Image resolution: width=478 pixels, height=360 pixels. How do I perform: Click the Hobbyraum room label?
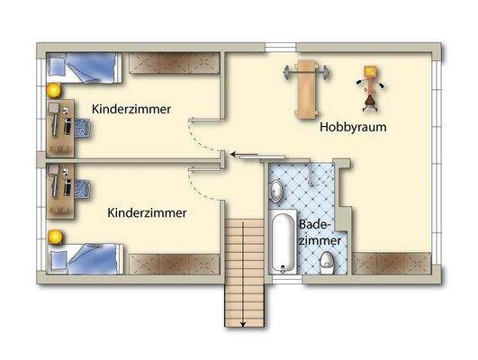coord(353,128)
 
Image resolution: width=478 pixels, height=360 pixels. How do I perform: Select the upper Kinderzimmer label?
coord(132,109)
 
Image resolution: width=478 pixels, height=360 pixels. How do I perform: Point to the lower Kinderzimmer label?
coord(147,213)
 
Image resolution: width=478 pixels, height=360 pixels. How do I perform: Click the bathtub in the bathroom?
coord(283,241)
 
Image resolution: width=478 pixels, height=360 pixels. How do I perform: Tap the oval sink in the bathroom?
coord(276,189)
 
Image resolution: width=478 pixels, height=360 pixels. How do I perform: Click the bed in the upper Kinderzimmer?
coord(84,66)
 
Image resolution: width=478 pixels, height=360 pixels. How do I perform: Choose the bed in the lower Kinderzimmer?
coord(84,260)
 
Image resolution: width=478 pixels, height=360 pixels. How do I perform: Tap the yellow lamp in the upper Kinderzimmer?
coord(53,90)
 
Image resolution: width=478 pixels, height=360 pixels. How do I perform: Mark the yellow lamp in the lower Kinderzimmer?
coord(53,236)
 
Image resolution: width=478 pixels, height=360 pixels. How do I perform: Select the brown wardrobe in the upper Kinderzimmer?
coord(175,63)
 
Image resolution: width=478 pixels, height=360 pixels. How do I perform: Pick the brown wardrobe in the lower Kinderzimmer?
coord(175,264)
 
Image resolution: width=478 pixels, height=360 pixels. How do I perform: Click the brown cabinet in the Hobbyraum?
coord(393,264)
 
